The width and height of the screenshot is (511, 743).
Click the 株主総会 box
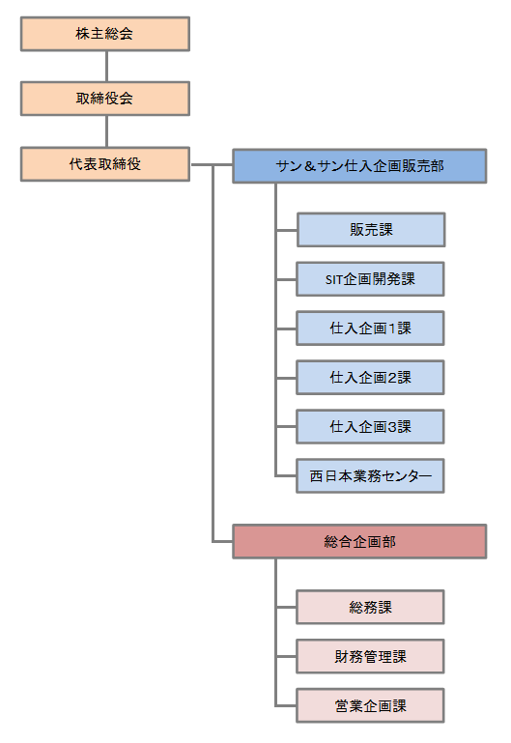105,34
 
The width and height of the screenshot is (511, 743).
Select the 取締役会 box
105,99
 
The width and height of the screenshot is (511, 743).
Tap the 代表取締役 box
105,164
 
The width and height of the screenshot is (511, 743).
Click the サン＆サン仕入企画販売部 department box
359,166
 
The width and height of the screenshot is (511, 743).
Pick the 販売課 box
371,230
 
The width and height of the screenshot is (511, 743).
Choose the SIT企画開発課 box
370,279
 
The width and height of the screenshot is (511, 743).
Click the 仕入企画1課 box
370,328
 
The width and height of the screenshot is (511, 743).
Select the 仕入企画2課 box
370,377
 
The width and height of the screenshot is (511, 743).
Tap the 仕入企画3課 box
370,426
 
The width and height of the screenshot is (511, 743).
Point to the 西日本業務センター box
370,475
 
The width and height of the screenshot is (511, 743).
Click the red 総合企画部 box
359,541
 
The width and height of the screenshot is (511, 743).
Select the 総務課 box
370,607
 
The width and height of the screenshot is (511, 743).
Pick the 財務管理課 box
370,656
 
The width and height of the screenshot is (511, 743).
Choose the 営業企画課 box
370,705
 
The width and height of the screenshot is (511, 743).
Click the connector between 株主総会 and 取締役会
106,67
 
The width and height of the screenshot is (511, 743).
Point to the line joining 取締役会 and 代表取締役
106,131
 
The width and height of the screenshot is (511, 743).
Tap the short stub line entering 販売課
287,230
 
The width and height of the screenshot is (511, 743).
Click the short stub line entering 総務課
287,607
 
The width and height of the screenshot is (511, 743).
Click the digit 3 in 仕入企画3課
392,427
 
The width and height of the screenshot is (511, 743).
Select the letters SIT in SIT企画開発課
334,279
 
